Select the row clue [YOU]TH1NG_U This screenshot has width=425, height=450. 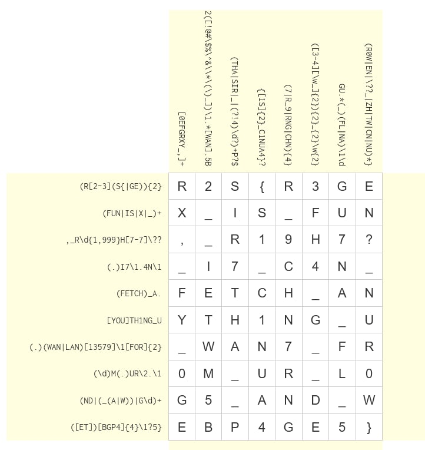click(134, 320)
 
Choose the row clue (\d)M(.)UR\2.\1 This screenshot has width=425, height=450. click(127, 373)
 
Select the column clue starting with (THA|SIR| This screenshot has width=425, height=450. click(235, 113)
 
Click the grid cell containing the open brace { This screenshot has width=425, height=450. click(262, 187)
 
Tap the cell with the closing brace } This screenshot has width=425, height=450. click(369, 427)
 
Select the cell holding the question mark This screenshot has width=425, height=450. click(369, 240)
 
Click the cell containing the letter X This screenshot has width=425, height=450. click(182, 213)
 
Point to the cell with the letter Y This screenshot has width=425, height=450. click(182, 320)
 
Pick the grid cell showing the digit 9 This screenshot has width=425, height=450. click(288, 240)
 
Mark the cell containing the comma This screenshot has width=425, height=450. click(182, 240)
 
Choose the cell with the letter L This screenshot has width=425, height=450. click(342, 373)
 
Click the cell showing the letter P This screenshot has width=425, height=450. click(235, 427)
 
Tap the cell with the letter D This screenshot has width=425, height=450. click(316, 401)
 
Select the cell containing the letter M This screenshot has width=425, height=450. click(208, 373)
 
